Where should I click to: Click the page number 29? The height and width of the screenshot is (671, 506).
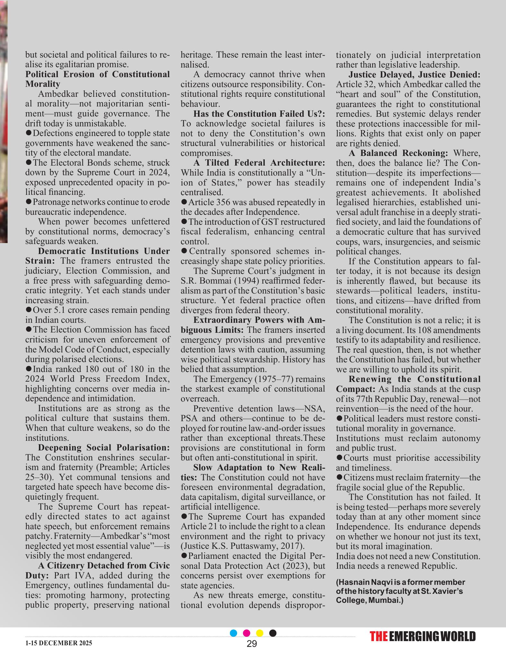pyautogui.click(x=252, y=644)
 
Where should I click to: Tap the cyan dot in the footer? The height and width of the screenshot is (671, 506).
pyautogui.click(x=234, y=633)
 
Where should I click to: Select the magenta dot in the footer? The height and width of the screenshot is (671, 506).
pyautogui.click(x=246, y=633)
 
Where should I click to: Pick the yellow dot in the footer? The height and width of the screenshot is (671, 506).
pyautogui.click(x=260, y=633)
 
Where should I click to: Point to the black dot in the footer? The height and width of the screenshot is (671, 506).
pyautogui.click(x=273, y=633)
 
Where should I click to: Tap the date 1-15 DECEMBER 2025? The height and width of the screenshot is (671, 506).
pyautogui.click(x=58, y=643)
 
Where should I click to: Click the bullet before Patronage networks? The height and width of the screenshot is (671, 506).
pyautogui.click(x=29, y=202)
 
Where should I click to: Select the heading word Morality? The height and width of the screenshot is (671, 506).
pyautogui.click(x=43, y=84)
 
